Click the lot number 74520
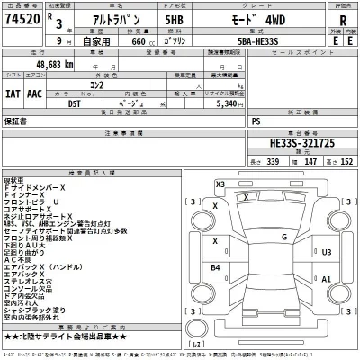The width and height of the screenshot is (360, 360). point(23,20)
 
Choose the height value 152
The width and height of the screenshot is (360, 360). point(346,161)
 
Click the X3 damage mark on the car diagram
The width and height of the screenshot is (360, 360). point(220,184)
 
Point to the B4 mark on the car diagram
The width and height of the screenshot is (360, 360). point(215,267)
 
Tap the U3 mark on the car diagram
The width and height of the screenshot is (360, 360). point(327,253)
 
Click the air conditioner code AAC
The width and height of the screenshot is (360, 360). point(35,92)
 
